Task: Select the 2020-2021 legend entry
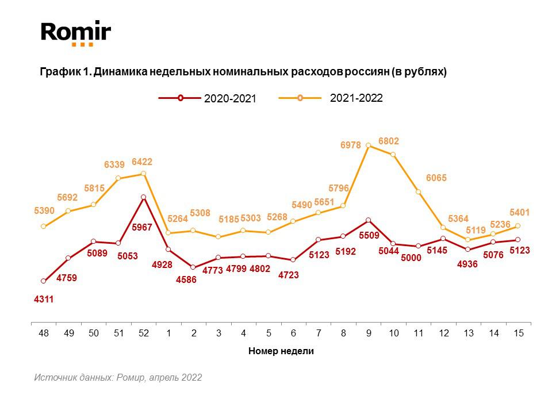pos(207,98)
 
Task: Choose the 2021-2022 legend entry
pos(330,98)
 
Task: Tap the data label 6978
pos(351,146)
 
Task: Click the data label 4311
pos(44,299)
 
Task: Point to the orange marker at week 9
pos(368,145)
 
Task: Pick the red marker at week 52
pos(143,197)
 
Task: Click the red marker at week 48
pos(44,281)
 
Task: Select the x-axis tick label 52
pos(143,333)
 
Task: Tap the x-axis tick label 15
pos(518,333)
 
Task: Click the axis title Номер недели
pos(281,351)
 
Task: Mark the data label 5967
pos(142,228)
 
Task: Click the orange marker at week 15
pos(518,226)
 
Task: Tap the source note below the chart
pos(118,378)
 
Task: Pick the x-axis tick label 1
pos(168,333)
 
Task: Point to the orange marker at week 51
pos(118,178)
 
